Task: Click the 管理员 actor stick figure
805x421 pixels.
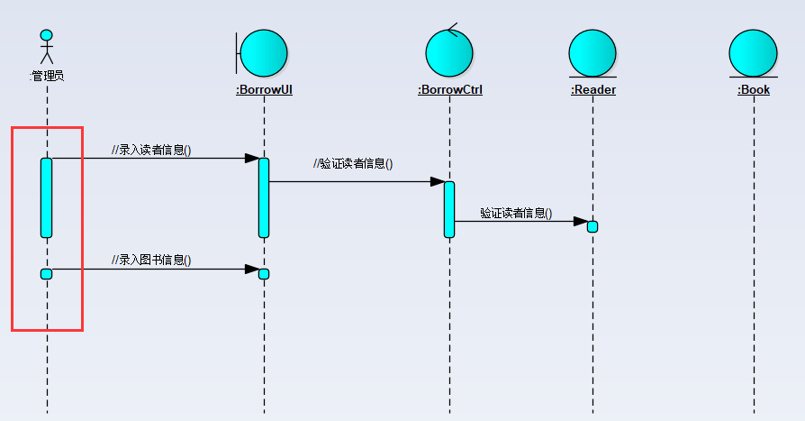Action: (47, 50)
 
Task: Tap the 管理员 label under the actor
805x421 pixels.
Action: (47, 77)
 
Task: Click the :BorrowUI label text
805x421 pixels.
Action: (264, 90)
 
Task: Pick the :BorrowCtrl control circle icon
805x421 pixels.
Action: (449, 53)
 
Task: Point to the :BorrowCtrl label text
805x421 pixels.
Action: (450, 90)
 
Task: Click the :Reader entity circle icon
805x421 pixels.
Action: (592, 53)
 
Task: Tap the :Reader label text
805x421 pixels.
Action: (593, 90)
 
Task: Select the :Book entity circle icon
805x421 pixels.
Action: (753, 53)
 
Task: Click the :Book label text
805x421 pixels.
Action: (754, 90)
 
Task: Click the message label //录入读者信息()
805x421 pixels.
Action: (151, 150)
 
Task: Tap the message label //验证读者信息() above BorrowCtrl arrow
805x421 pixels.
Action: (353, 164)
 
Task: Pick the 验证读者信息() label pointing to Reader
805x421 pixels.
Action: (516, 214)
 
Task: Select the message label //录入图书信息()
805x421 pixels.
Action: (151, 261)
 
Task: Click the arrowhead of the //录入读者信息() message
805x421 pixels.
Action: (252, 159)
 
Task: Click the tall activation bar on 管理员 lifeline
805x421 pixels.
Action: (47, 197)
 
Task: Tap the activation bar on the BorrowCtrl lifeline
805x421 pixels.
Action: (449, 209)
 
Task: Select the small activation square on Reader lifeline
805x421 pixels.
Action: (592, 226)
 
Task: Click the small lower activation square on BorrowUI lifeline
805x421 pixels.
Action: (264, 274)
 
